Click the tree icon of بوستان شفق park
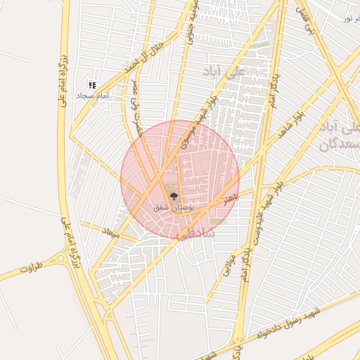click(x=174, y=198)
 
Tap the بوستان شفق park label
click(x=174, y=209)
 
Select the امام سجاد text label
click(x=91, y=95)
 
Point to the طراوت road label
click(x=32, y=269)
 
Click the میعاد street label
click(x=111, y=232)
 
